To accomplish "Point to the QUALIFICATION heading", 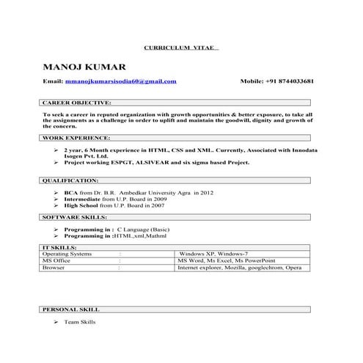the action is (70, 180).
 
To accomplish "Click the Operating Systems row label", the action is (66, 254).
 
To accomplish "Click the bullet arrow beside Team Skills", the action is (56, 322).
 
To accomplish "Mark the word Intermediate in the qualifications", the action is (82, 199).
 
